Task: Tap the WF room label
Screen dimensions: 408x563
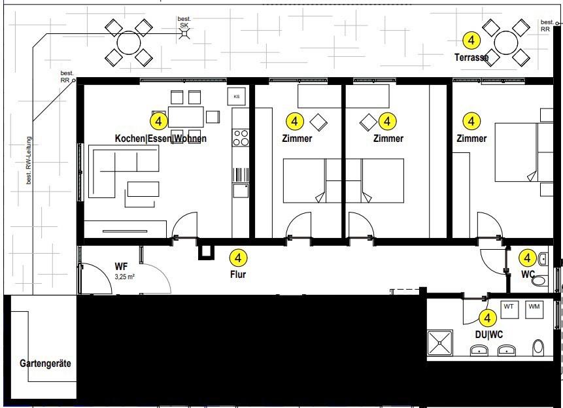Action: pyautogui.click(x=120, y=266)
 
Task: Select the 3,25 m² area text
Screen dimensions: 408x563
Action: pyautogui.click(x=124, y=277)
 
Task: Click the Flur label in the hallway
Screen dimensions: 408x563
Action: pyautogui.click(x=238, y=275)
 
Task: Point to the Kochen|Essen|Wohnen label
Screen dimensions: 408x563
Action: pyautogui.click(x=160, y=139)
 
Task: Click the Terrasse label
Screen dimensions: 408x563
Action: pyautogui.click(x=471, y=58)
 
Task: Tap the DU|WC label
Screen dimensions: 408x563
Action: pyautogui.click(x=488, y=334)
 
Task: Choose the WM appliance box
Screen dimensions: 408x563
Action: pyautogui.click(x=534, y=307)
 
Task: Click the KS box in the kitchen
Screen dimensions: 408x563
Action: pyautogui.click(x=236, y=96)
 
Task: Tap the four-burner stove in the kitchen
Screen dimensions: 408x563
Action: pyautogui.click(x=241, y=137)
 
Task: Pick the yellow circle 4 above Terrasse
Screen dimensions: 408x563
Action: pyautogui.click(x=471, y=41)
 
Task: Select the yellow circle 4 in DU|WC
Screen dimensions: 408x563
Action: pyautogui.click(x=488, y=318)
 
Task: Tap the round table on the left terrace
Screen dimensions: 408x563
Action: pyautogui.click(x=128, y=42)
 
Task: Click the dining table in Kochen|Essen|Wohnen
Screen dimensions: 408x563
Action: pyautogui.click(x=186, y=116)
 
